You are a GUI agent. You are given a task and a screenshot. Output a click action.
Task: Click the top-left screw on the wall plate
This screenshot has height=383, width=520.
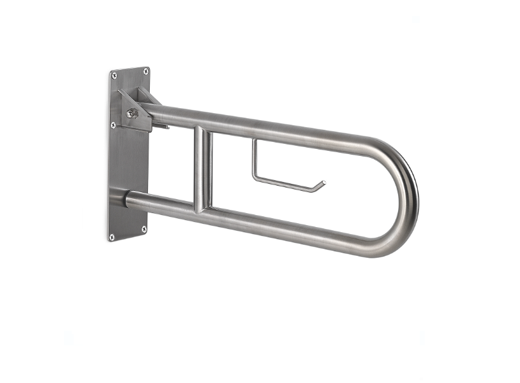114,75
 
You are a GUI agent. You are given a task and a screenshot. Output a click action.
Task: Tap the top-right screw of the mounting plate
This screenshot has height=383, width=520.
145,71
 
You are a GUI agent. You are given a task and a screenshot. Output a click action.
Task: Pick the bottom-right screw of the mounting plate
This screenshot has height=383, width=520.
143,228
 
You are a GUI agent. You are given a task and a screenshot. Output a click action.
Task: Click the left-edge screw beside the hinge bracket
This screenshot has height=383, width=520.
113,125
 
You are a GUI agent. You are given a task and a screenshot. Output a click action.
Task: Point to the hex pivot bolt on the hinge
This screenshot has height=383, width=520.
131,113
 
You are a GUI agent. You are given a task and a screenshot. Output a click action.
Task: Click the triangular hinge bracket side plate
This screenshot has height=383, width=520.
136,108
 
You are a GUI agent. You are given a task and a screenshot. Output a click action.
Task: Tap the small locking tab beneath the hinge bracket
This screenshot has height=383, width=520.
162,127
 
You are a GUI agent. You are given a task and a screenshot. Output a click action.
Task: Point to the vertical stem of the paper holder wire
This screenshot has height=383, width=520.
254,159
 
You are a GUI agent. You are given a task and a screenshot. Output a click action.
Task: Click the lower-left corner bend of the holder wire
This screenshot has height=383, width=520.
255,178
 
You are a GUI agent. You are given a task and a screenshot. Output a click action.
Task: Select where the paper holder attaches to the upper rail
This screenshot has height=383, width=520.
254,141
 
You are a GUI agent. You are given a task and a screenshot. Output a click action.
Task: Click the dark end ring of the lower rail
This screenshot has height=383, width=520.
127,200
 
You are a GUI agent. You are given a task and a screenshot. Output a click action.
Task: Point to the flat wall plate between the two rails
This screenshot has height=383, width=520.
129,162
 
